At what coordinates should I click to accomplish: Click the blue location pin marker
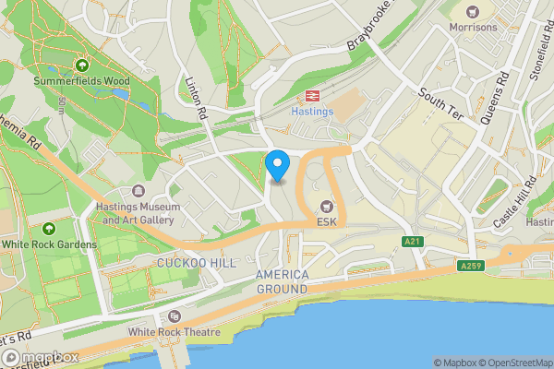click(x=277, y=166)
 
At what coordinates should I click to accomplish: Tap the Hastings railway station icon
click(x=312, y=95)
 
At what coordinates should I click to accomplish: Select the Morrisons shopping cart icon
click(x=473, y=12)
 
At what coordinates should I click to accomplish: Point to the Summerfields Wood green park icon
click(x=83, y=65)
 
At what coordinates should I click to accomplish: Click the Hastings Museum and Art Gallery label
click(x=138, y=213)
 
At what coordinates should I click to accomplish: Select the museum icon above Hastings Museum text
click(x=138, y=191)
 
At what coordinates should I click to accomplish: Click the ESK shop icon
click(x=326, y=206)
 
